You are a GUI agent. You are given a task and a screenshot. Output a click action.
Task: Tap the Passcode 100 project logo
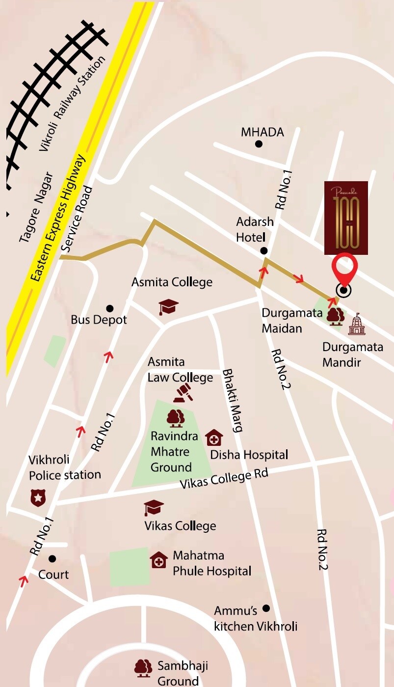346,218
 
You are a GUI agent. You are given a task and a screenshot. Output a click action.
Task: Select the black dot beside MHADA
259,144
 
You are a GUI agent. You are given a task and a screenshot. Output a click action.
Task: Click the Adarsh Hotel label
255,229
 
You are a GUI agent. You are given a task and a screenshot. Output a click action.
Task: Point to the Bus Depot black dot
110,308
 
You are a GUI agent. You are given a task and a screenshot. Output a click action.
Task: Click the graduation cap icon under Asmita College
168,307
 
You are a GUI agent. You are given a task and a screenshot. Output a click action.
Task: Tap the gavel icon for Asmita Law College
183,392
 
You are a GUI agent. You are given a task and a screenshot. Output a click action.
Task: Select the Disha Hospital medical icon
213,438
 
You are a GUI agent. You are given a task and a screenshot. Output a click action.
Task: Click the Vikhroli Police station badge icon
38,498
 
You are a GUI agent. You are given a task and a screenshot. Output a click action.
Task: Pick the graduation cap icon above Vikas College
154,508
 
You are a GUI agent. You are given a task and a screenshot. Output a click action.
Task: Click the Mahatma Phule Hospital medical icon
158,560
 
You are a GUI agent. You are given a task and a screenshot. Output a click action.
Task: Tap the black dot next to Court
52,559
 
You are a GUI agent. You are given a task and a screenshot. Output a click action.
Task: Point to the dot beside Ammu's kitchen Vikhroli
266,608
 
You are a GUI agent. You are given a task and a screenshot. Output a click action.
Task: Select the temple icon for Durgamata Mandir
357,324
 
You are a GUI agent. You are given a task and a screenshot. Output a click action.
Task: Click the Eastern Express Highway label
60,219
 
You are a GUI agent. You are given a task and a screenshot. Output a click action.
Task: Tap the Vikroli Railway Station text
73,103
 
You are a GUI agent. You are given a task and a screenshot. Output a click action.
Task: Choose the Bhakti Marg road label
233,400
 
